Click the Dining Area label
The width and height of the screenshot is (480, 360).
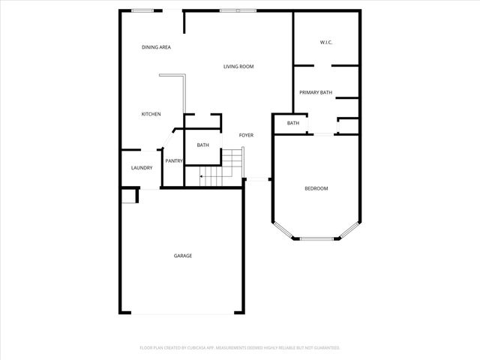156,47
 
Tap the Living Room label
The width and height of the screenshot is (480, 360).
238,67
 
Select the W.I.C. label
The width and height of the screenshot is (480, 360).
325,42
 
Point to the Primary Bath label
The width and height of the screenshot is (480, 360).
316,92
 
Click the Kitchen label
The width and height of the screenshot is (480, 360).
151,114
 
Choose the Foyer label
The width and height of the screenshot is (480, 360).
246,135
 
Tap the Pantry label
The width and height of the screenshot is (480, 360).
174,160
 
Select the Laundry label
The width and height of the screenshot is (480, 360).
142,168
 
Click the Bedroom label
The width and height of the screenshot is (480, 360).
316,188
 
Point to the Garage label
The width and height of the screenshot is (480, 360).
183,256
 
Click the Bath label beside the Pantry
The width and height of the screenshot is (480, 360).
202,145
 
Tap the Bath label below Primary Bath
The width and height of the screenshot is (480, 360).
292,123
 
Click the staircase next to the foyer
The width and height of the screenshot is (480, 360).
223,169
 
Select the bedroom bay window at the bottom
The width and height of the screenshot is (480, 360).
316,238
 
